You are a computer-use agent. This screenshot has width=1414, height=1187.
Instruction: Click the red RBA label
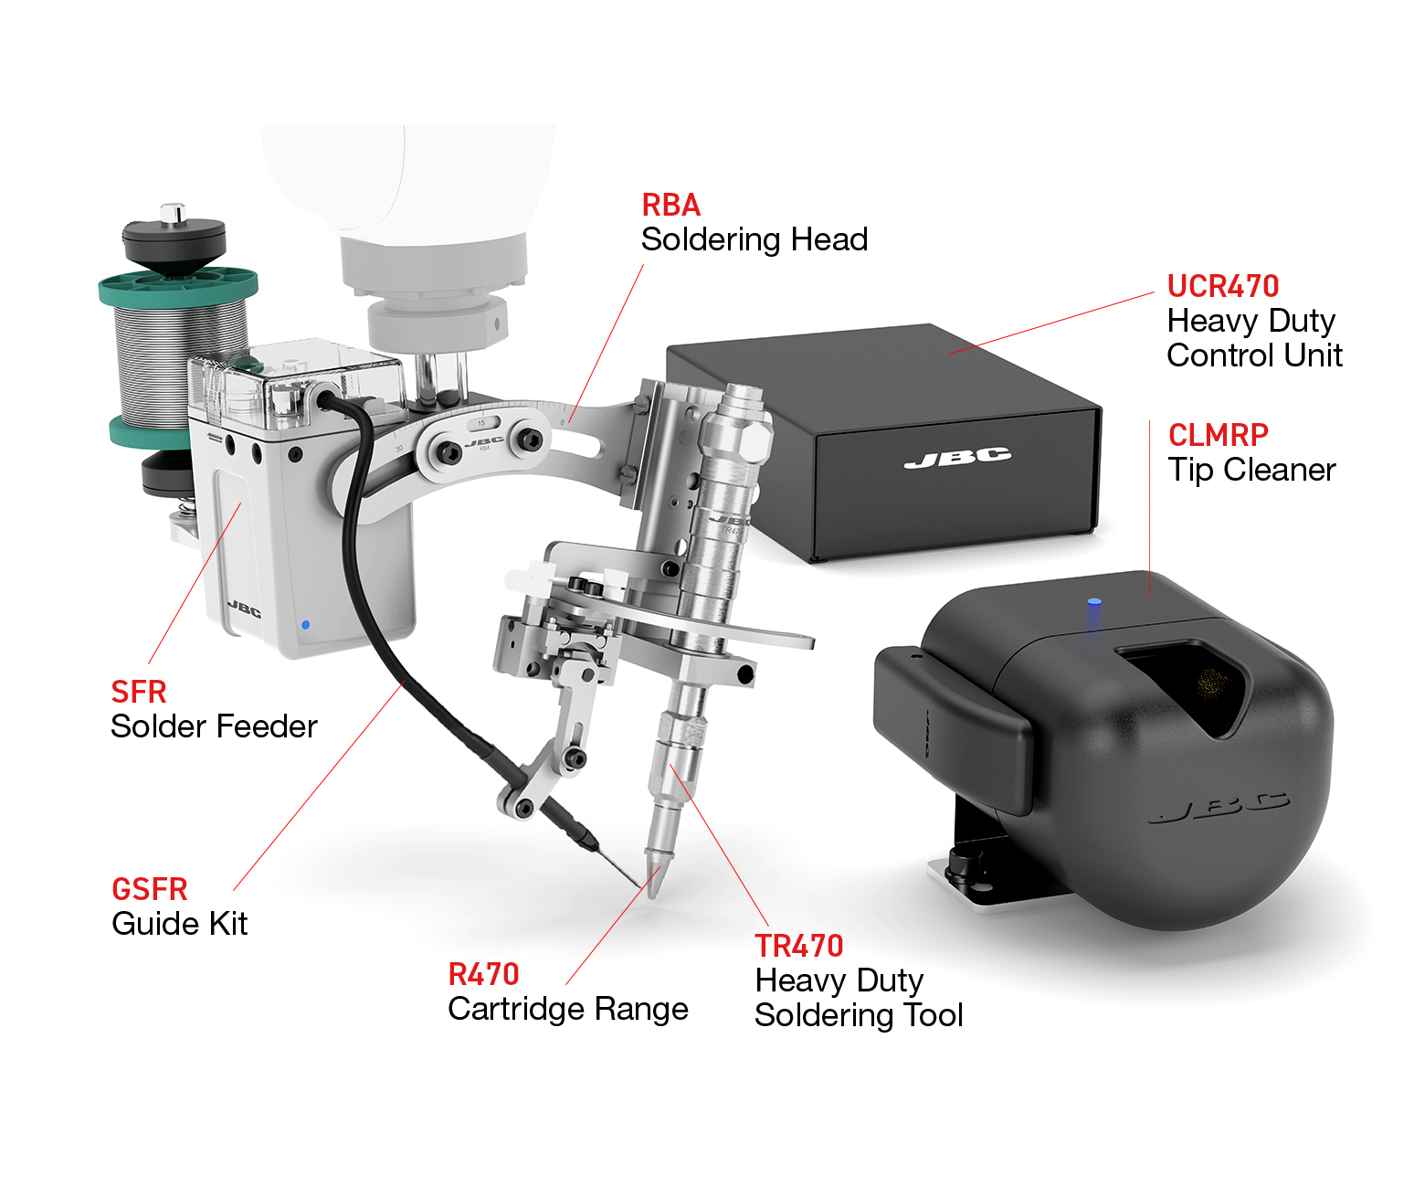(670, 205)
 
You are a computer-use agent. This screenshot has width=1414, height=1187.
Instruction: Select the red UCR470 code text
(1222, 286)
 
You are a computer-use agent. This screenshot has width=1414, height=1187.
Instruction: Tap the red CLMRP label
(1218, 435)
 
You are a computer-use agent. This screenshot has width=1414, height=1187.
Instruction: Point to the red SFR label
(139, 692)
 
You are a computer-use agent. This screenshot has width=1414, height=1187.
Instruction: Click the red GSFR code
(150, 889)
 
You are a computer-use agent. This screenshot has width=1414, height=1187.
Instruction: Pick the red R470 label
(483, 974)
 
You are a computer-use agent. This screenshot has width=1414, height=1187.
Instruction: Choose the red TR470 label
(799, 946)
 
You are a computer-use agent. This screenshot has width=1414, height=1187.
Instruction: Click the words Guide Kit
(179, 924)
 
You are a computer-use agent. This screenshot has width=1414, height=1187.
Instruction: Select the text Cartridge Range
(567, 1010)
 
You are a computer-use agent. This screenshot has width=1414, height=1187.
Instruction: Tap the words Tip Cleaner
(1251, 471)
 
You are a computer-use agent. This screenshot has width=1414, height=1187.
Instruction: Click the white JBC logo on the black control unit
(957, 457)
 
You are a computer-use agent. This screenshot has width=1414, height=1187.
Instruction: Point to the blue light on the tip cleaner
(1093, 601)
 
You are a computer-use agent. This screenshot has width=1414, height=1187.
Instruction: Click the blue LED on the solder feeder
(305, 625)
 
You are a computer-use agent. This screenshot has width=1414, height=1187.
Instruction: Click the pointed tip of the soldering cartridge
(653, 897)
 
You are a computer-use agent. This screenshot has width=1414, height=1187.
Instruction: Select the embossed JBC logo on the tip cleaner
(1219, 808)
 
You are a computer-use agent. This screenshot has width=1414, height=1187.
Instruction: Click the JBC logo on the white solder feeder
(244, 609)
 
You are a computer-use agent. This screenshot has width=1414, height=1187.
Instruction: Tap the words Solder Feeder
(214, 726)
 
